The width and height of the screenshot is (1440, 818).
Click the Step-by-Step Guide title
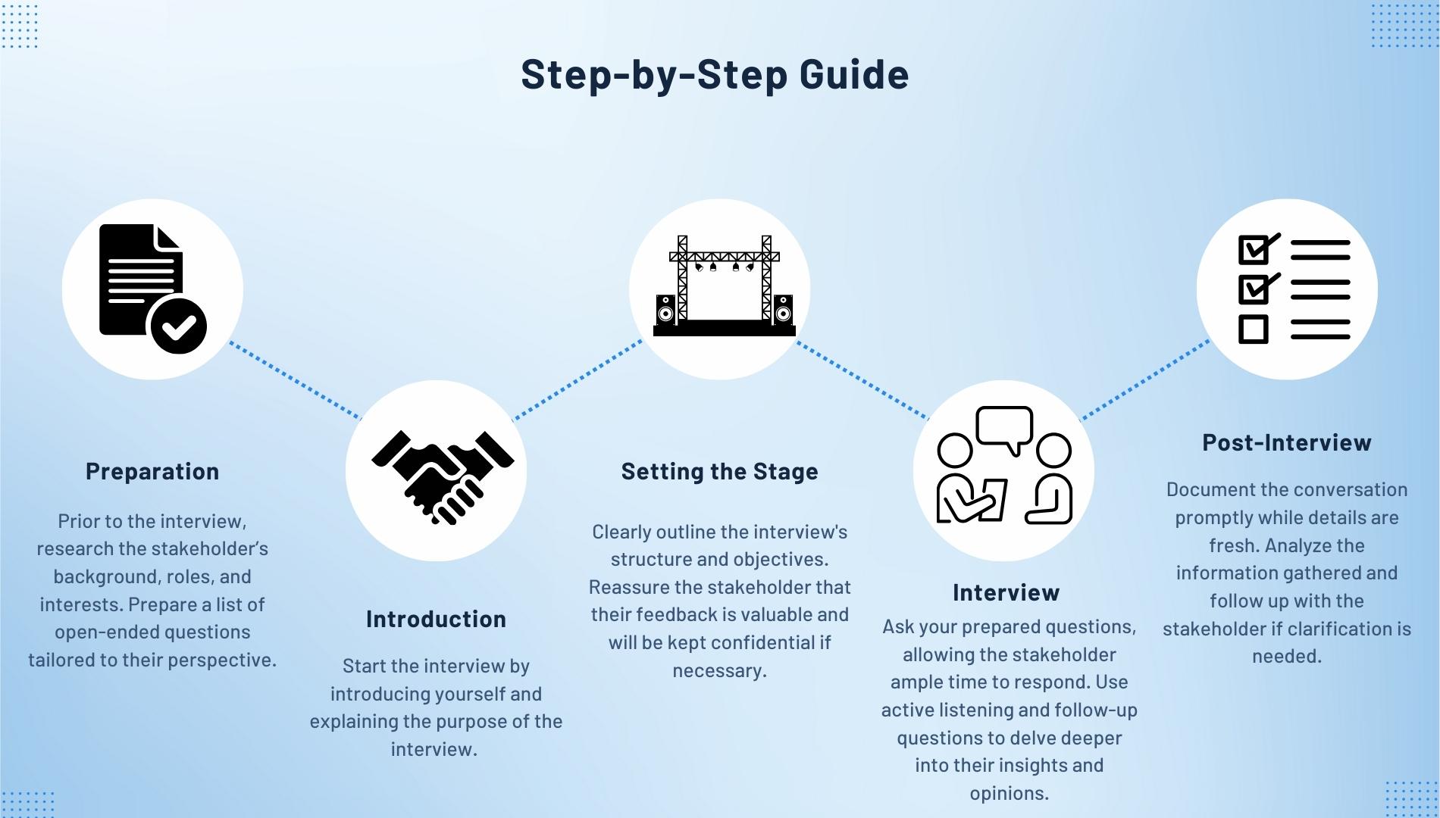click(x=715, y=74)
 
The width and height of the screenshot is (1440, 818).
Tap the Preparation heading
click(x=152, y=471)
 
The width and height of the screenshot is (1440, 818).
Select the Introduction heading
click(x=436, y=619)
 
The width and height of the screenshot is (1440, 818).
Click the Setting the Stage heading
click(x=719, y=471)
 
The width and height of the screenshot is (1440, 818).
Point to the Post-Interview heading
click(x=1286, y=442)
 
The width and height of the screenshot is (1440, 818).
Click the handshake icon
click(x=443, y=476)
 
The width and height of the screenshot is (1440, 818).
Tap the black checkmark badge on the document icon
click(x=179, y=327)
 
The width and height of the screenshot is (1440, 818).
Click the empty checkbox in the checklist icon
click(x=1253, y=329)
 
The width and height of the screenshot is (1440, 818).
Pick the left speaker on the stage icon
click(x=665, y=311)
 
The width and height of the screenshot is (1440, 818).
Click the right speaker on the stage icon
click(x=783, y=311)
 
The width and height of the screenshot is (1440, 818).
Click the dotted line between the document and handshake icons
click(x=296, y=380)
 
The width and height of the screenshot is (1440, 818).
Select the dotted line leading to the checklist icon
click(x=1144, y=380)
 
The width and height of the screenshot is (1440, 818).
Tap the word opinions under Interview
click(x=1009, y=793)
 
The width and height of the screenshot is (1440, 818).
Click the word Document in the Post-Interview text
click(x=1210, y=489)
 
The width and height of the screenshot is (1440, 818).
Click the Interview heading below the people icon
click(x=1006, y=592)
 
